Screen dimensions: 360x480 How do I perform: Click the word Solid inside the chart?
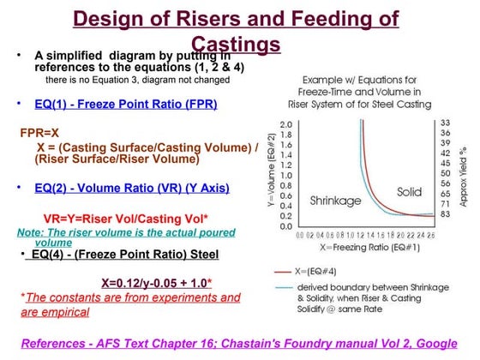[409, 192]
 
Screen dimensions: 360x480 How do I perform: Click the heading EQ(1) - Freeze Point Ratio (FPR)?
[125, 105]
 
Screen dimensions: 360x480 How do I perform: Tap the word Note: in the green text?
[32, 231]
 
